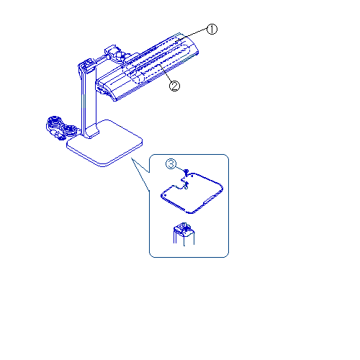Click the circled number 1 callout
coord(212,30)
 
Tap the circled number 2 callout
coord(174,86)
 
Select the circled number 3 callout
coord(171,164)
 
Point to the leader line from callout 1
coord(192,36)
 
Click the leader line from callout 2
coord(166,73)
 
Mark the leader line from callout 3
coord(181,168)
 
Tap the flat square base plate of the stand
coord(104,143)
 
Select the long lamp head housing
coord(147,67)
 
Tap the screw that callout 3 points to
coord(186,171)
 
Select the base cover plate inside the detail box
coord(192,193)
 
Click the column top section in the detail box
coord(184,234)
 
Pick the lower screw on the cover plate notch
coord(186,185)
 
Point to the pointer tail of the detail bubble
coord(140,174)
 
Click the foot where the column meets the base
coord(91,132)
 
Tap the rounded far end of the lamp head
coord(189,45)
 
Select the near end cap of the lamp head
coord(106,90)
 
